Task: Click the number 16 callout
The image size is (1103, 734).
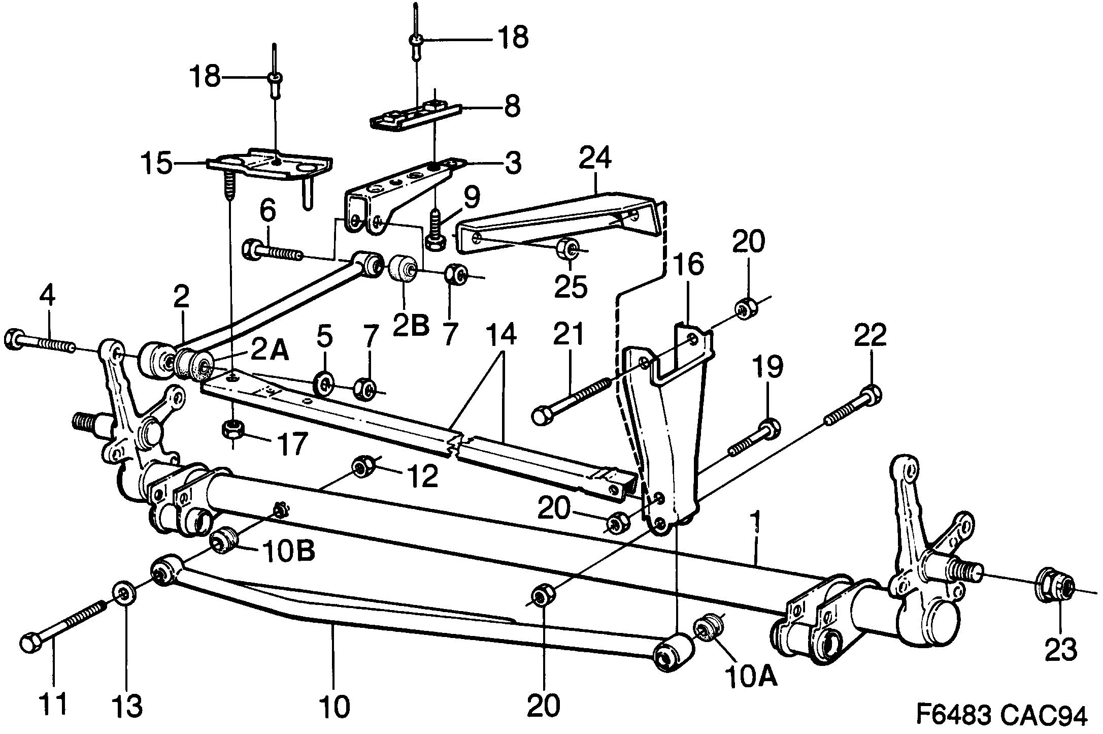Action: click(x=689, y=265)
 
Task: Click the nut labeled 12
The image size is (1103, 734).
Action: click(x=361, y=466)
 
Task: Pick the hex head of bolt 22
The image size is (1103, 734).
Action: click(x=871, y=394)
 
